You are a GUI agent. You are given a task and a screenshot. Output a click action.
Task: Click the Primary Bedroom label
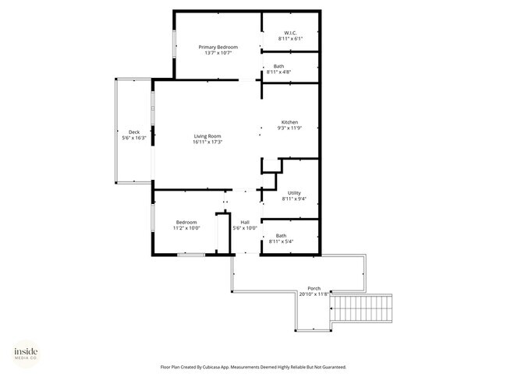tap(218, 47)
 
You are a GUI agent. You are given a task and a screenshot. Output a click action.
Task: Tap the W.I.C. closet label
tap(290, 33)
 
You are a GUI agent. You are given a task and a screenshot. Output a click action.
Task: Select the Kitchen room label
tap(289, 122)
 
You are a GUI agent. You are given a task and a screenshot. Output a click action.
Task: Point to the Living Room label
tap(207, 136)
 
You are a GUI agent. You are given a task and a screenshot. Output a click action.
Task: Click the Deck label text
tap(134, 132)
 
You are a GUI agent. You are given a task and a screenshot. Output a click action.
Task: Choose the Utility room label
tap(294, 193)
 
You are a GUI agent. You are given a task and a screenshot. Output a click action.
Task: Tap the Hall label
tap(245, 223)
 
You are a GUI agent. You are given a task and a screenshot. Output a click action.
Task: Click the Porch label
tap(314, 288)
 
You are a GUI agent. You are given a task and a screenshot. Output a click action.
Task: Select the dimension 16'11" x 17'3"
tap(207, 142)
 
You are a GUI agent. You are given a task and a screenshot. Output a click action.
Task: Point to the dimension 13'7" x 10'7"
tap(218, 53)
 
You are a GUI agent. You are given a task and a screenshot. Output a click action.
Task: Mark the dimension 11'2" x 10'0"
tap(186, 228)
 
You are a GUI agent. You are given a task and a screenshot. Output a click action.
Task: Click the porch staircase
tap(361, 308)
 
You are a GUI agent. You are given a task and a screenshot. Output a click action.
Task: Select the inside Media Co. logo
tap(26, 354)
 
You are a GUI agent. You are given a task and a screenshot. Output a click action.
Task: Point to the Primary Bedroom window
tap(174, 44)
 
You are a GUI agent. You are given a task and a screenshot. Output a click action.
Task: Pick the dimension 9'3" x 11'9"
tap(289, 128)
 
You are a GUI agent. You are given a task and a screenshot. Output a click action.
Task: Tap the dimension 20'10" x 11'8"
tap(314, 294)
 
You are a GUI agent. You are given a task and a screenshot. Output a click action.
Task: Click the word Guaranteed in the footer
tap(335, 367)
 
